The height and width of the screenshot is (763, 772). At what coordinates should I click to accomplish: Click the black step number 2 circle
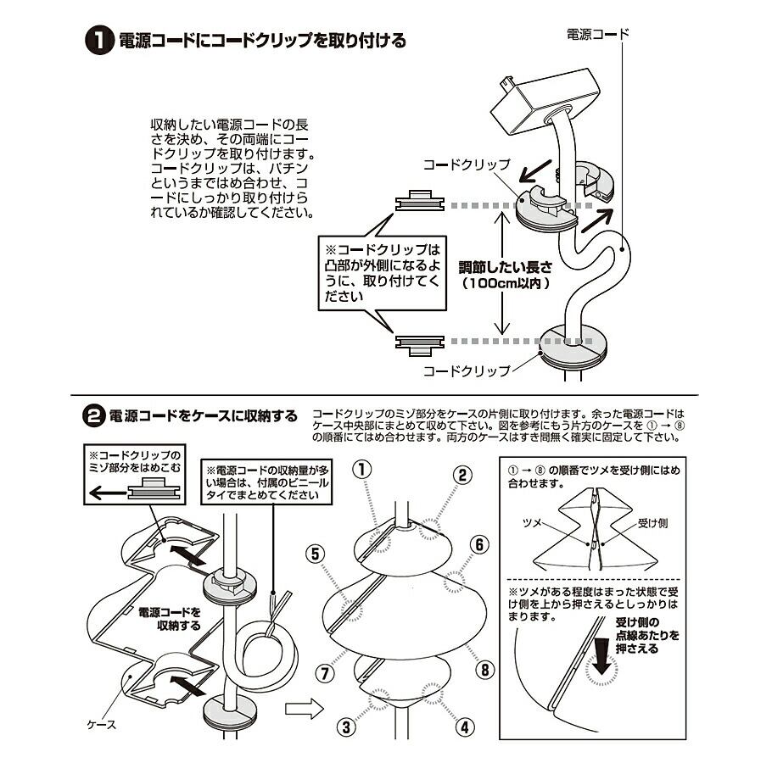pyautogui.click(x=93, y=415)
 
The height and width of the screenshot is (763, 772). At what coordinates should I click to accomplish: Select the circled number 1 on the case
pyautogui.click(x=362, y=468)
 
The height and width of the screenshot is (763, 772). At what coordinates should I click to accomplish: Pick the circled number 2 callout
pyautogui.click(x=462, y=474)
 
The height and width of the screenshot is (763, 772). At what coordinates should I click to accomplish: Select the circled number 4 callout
pyautogui.click(x=464, y=727)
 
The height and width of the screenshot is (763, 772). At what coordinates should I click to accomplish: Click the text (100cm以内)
pyautogui.click(x=506, y=284)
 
